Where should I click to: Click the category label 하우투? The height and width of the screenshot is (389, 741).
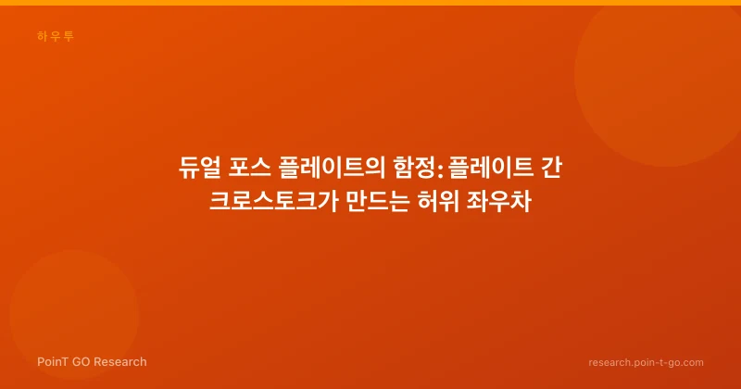56,36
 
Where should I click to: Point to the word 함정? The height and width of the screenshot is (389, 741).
414,168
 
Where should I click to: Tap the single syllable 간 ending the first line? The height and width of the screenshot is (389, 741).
551,168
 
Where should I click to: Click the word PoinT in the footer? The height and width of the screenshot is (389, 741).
53,362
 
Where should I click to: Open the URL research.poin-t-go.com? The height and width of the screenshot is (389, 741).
646,362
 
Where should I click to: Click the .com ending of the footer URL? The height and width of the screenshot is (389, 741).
692,363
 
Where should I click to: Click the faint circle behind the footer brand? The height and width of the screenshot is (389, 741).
74,315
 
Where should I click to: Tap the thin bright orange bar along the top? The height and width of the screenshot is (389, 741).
370,3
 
